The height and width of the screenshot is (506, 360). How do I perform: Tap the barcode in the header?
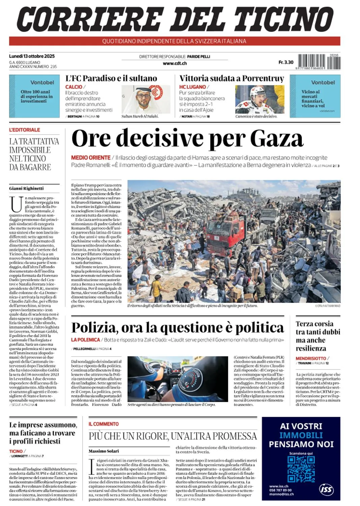[319, 62]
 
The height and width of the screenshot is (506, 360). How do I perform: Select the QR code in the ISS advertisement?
[301, 469]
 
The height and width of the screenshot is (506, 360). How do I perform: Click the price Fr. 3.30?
[286, 62]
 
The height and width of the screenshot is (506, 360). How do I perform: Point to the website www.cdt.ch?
[175, 63]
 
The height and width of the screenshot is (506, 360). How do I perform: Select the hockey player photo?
[260, 99]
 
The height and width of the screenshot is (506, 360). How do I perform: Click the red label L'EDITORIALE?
[25, 130]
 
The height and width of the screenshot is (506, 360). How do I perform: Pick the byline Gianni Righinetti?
[26, 188]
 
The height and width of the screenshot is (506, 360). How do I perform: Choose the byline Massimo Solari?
[104, 451]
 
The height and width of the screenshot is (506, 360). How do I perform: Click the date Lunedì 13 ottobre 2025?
[32, 56]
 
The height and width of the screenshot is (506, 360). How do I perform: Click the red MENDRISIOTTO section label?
[311, 358]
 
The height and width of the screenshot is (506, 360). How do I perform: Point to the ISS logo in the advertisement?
[326, 489]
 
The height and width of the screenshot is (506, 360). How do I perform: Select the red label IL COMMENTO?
[104, 424]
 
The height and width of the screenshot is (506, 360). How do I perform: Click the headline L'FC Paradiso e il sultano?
[111, 78]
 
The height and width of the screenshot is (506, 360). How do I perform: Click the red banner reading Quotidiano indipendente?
[175, 41]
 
